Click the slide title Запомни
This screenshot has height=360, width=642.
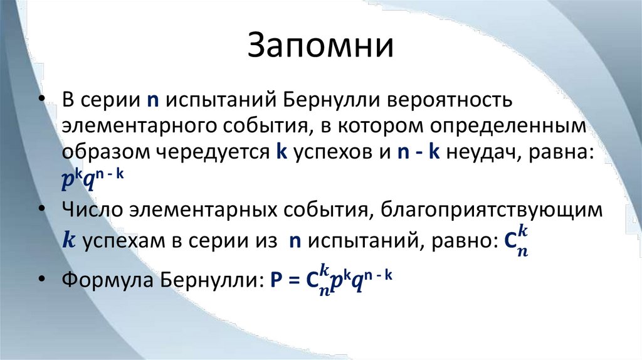tap(320, 48)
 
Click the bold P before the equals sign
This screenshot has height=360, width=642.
tap(275, 280)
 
